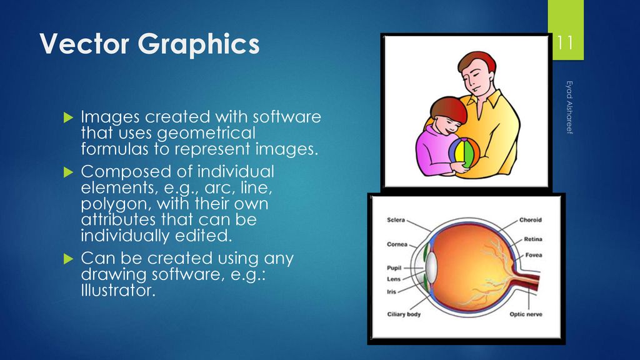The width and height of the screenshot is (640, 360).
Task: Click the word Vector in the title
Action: tap(84, 43)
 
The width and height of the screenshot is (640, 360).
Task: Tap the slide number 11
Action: tap(565, 43)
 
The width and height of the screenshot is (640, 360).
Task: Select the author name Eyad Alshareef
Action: tap(569, 107)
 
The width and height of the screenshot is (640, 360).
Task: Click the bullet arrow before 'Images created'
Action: tap(68, 118)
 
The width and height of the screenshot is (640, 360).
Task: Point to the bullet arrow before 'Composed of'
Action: tap(68, 172)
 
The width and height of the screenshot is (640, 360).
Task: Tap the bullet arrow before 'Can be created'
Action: tap(68, 259)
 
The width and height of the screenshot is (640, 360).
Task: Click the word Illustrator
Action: tap(118, 290)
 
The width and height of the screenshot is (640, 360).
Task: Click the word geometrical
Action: tap(206, 134)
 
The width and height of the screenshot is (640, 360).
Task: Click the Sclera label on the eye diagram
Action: tap(396, 220)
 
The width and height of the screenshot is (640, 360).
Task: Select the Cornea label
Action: tap(397, 244)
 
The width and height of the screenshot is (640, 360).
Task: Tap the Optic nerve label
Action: tap(526, 314)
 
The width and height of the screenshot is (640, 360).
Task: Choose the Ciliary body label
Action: tap(404, 314)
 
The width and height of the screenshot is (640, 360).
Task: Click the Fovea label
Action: tap(534, 255)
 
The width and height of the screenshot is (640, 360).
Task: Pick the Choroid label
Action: tap(531, 220)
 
